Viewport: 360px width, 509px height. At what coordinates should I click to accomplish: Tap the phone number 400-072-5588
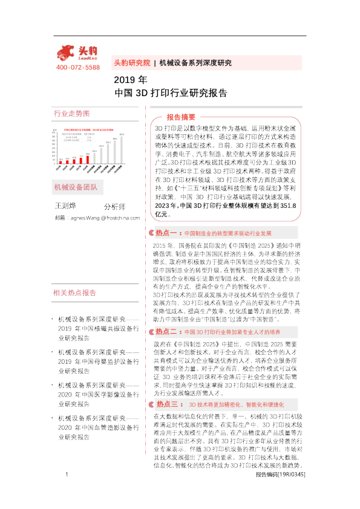pos(77,67)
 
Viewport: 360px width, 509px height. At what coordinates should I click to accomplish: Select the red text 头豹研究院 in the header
pos(131,62)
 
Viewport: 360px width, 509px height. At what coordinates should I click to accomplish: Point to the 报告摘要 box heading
pos(181,117)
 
